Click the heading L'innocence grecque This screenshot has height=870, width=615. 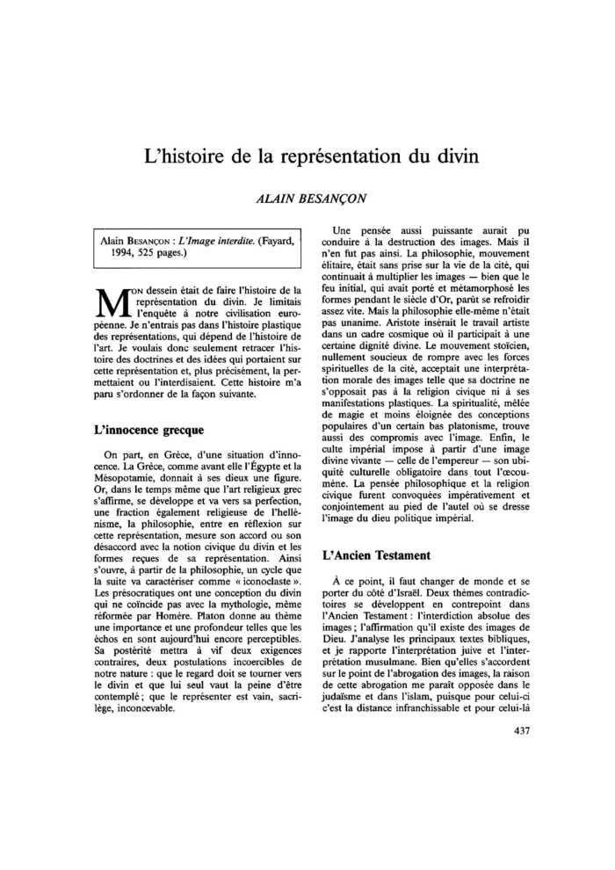(148, 431)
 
